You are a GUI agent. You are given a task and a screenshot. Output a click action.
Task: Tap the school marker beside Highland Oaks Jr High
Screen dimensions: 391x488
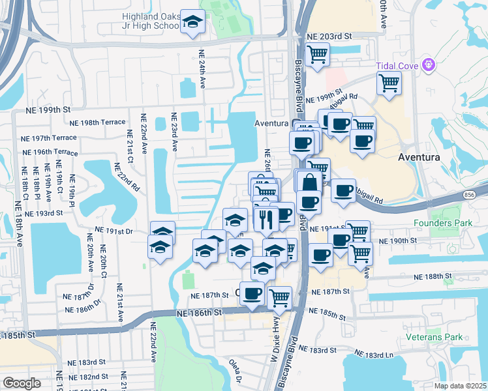tap(192, 20)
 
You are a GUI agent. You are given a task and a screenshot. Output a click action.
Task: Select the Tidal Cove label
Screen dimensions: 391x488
tap(397, 65)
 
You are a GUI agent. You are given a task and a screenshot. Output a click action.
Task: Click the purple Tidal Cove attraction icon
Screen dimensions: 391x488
tap(429, 65)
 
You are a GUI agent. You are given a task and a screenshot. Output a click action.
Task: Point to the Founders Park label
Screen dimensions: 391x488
tap(441, 223)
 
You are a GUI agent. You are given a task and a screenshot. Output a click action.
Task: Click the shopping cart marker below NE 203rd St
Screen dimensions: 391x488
tap(317, 55)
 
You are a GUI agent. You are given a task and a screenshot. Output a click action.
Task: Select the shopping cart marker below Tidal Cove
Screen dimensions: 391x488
tap(389, 83)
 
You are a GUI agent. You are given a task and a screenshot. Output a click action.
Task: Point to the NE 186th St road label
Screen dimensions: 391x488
tap(200, 313)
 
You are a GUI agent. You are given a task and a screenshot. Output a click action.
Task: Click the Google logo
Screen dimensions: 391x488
tap(22, 383)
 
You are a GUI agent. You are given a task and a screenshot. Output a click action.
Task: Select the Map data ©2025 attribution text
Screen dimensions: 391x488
tap(461, 386)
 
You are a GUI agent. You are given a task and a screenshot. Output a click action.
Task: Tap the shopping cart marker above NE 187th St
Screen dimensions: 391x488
tap(279, 297)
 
